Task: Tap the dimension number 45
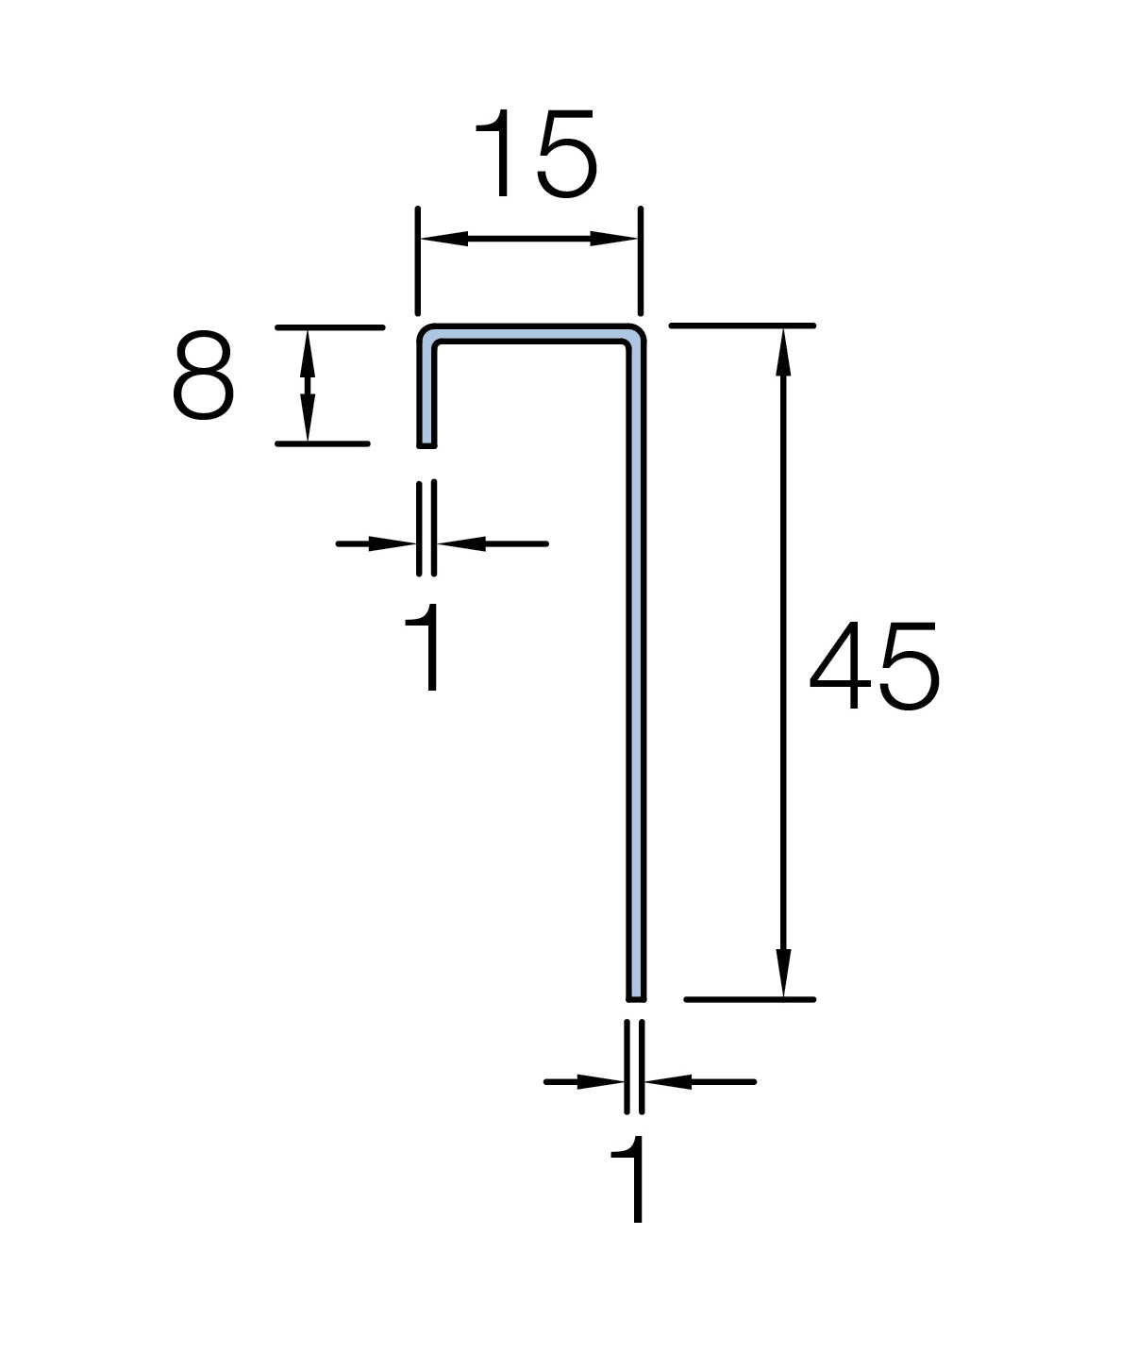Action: coord(874,666)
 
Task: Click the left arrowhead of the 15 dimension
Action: coord(442,240)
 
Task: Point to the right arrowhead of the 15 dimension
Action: coord(615,240)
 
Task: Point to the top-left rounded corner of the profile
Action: coord(426,334)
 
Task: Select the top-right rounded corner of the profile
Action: coord(637,334)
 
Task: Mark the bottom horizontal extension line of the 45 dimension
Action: coord(749,998)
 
